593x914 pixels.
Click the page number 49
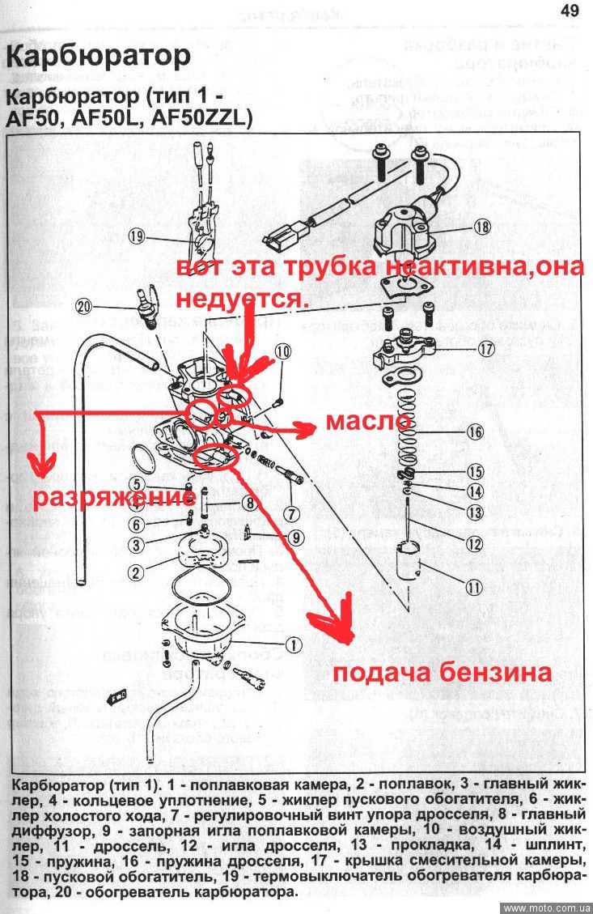click(569, 11)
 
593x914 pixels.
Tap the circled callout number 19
click(137, 236)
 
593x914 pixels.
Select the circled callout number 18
click(483, 227)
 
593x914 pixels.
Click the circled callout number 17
click(485, 351)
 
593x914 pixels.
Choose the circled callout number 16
click(476, 431)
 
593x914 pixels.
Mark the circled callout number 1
click(293, 644)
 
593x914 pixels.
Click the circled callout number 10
click(282, 351)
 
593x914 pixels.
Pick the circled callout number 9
click(296, 536)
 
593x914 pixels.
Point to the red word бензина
click(498, 673)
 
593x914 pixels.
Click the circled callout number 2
click(135, 572)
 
